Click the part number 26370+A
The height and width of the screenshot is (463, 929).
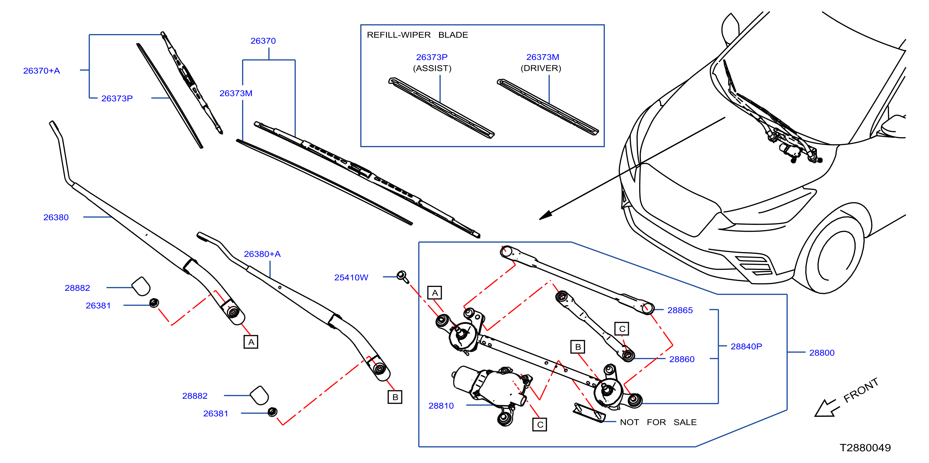(42, 71)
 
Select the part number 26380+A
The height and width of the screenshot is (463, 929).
(262, 254)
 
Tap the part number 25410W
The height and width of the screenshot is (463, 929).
(351, 277)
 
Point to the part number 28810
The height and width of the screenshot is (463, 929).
(441, 406)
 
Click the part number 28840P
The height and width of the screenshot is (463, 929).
(746, 346)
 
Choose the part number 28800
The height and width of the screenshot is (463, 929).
(822, 353)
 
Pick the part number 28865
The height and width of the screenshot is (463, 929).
(680, 310)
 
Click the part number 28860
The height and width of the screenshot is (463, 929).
(682, 359)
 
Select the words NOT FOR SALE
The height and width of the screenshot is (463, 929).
(658, 422)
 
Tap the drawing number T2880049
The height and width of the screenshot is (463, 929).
(865, 448)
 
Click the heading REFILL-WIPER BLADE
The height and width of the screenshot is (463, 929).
(417, 35)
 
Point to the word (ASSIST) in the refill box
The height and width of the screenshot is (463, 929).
(432, 68)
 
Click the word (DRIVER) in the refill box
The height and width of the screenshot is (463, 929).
(541, 68)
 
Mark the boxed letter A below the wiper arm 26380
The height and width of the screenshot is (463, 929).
(251, 342)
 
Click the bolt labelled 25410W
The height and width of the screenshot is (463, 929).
(403, 277)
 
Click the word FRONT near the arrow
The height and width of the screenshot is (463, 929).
(861, 390)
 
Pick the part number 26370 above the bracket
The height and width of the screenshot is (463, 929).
(263, 41)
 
